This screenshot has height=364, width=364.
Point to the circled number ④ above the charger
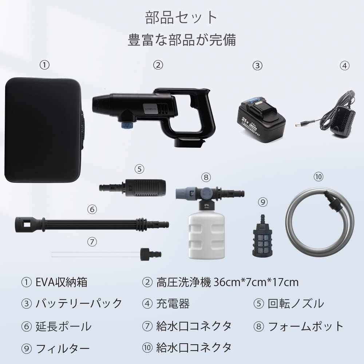pos(344,65)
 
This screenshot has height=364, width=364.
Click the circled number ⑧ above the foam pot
pos(206,177)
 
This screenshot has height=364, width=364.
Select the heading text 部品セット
pos(181,17)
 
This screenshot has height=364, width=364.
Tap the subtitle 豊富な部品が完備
pos(181,40)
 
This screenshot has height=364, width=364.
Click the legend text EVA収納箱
pos(62,282)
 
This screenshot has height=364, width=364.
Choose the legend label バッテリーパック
pos(78,303)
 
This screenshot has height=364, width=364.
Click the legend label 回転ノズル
pos(296,303)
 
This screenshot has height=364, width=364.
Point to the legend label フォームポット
pos(305,326)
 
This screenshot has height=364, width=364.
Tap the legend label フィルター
pos(62,349)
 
